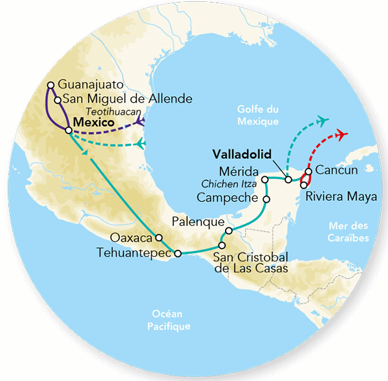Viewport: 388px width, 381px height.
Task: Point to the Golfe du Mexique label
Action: [257, 116]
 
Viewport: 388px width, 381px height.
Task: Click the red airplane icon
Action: [341, 135]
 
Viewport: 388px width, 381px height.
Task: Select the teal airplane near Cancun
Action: [323, 120]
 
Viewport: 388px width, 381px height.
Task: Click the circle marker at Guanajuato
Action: [51, 85]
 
